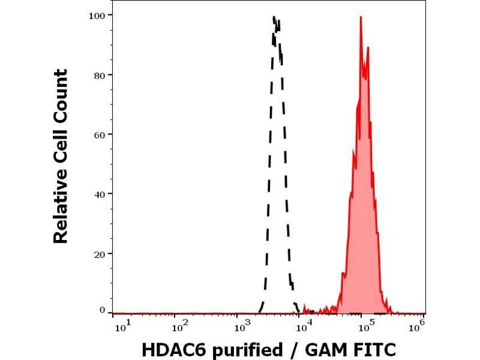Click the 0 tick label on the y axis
(103, 310)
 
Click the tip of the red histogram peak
(361, 17)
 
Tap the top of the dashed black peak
(274, 17)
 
